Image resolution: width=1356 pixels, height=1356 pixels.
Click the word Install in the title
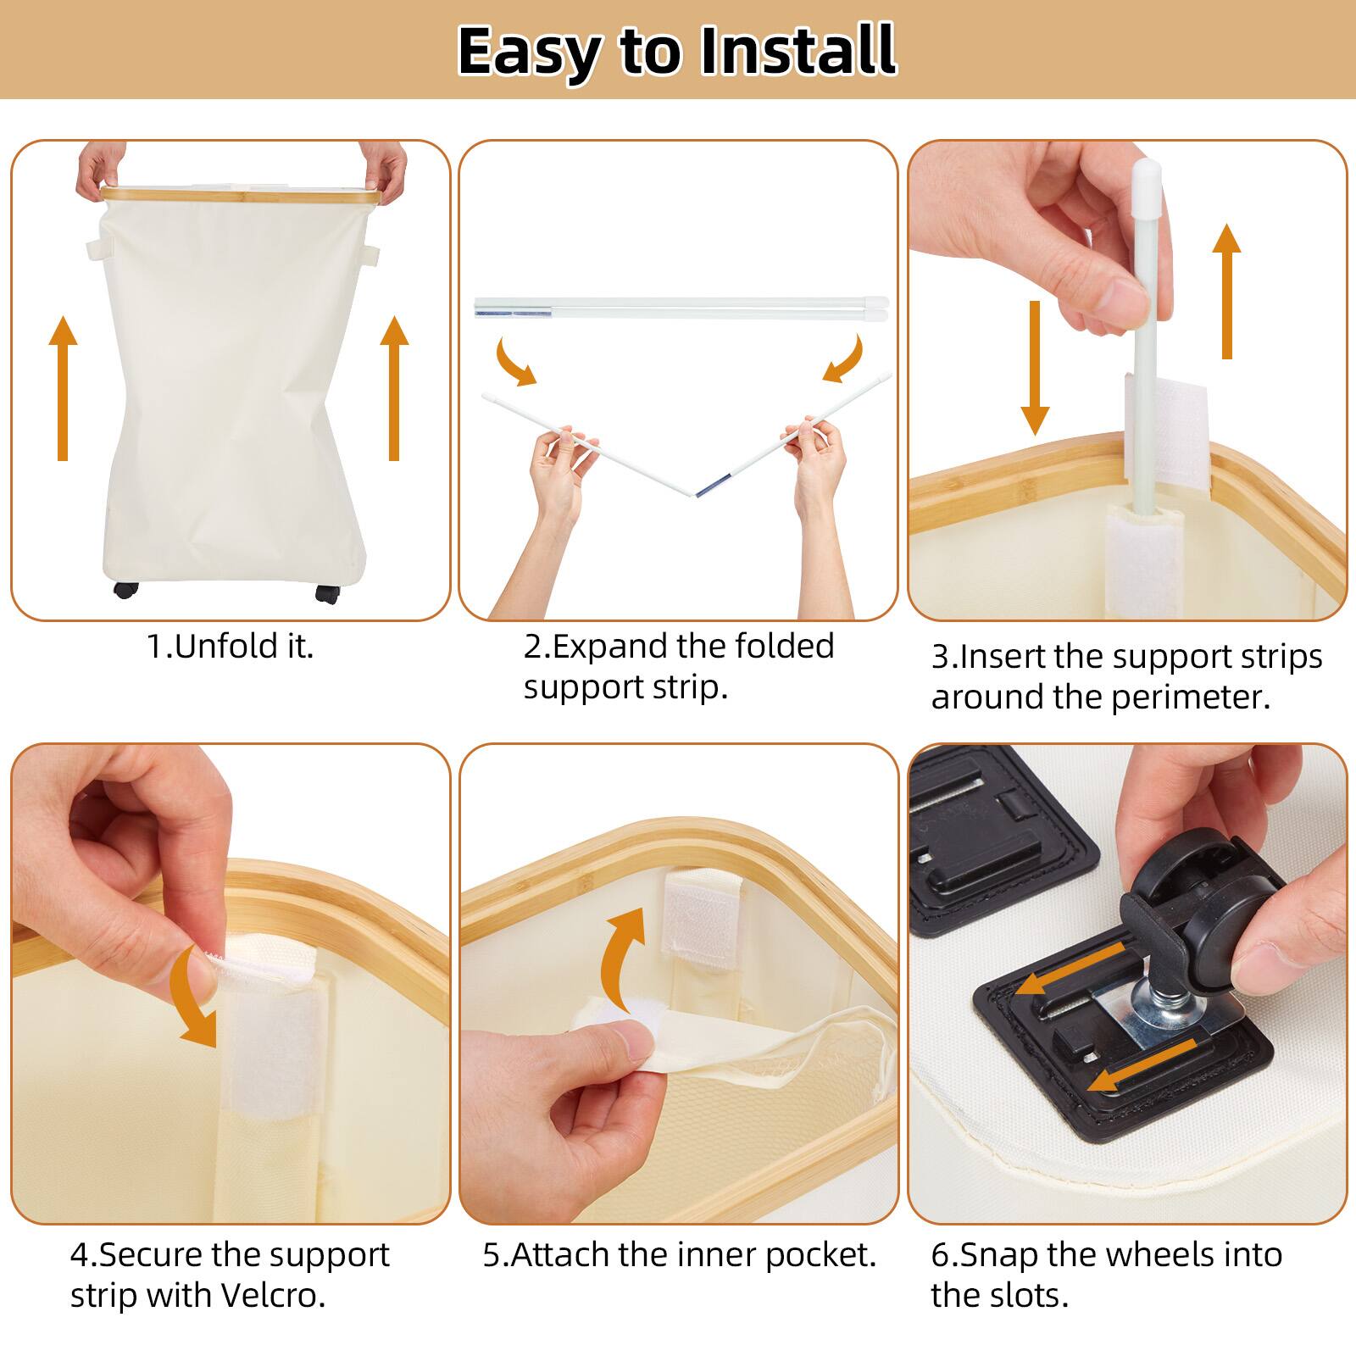point(797,51)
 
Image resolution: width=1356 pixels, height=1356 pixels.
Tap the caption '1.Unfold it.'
point(231,647)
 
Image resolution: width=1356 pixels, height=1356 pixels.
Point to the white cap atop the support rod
point(1147,173)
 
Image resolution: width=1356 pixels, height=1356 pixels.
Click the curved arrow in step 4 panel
point(194,1001)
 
